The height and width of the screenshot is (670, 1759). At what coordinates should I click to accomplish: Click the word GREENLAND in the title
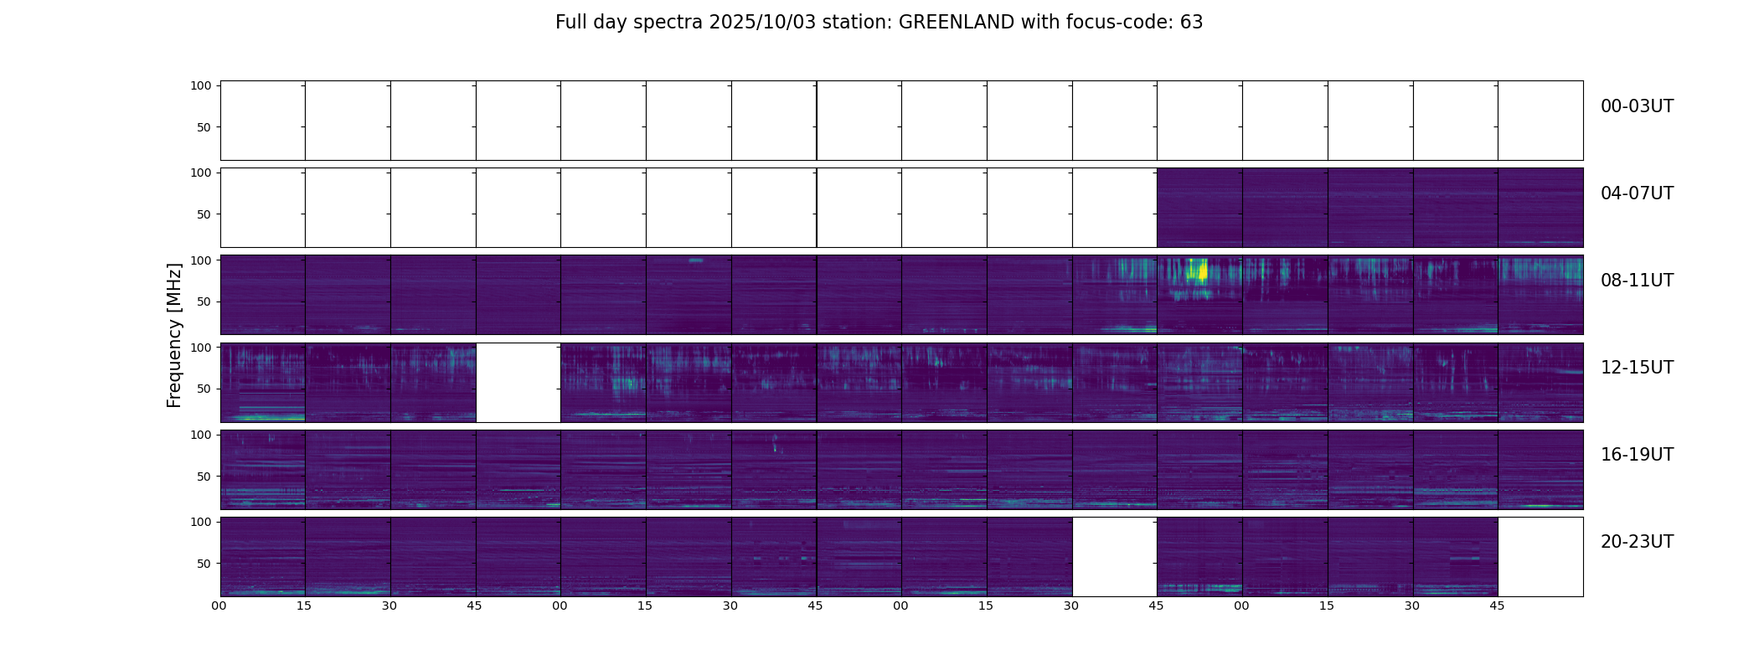coord(956,23)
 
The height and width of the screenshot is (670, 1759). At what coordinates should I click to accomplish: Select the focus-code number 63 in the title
coord(1191,23)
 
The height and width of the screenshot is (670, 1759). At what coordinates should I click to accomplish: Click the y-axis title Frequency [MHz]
coord(174,335)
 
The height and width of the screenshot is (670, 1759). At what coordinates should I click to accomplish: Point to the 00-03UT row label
coord(1637,106)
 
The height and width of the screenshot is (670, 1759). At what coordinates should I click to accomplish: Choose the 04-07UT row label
coord(1637,193)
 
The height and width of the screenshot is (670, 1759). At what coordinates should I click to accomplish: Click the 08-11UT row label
coord(1637,281)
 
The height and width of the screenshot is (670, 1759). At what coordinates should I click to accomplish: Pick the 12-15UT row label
coord(1637,368)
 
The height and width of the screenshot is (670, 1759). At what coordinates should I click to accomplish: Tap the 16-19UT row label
coord(1637,455)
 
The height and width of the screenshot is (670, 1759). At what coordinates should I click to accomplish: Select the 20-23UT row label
coord(1637,542)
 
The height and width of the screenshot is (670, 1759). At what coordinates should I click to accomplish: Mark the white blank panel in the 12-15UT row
coord(518,382)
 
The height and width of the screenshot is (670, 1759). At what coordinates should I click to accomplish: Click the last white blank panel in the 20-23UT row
coord(1540,556)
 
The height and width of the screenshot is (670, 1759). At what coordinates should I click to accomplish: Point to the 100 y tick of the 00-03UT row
coord(201,85)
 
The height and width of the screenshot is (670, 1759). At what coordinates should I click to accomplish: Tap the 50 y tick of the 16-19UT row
coord(204,477)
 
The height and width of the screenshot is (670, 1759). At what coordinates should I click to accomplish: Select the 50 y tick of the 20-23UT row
coord(204,564)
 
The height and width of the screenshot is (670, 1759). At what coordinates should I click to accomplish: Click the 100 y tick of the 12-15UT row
coord(201,347)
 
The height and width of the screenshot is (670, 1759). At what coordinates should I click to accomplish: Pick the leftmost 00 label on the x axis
coord(219,606)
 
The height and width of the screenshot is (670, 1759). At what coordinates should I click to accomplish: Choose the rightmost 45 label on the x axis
coord(1497,606)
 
